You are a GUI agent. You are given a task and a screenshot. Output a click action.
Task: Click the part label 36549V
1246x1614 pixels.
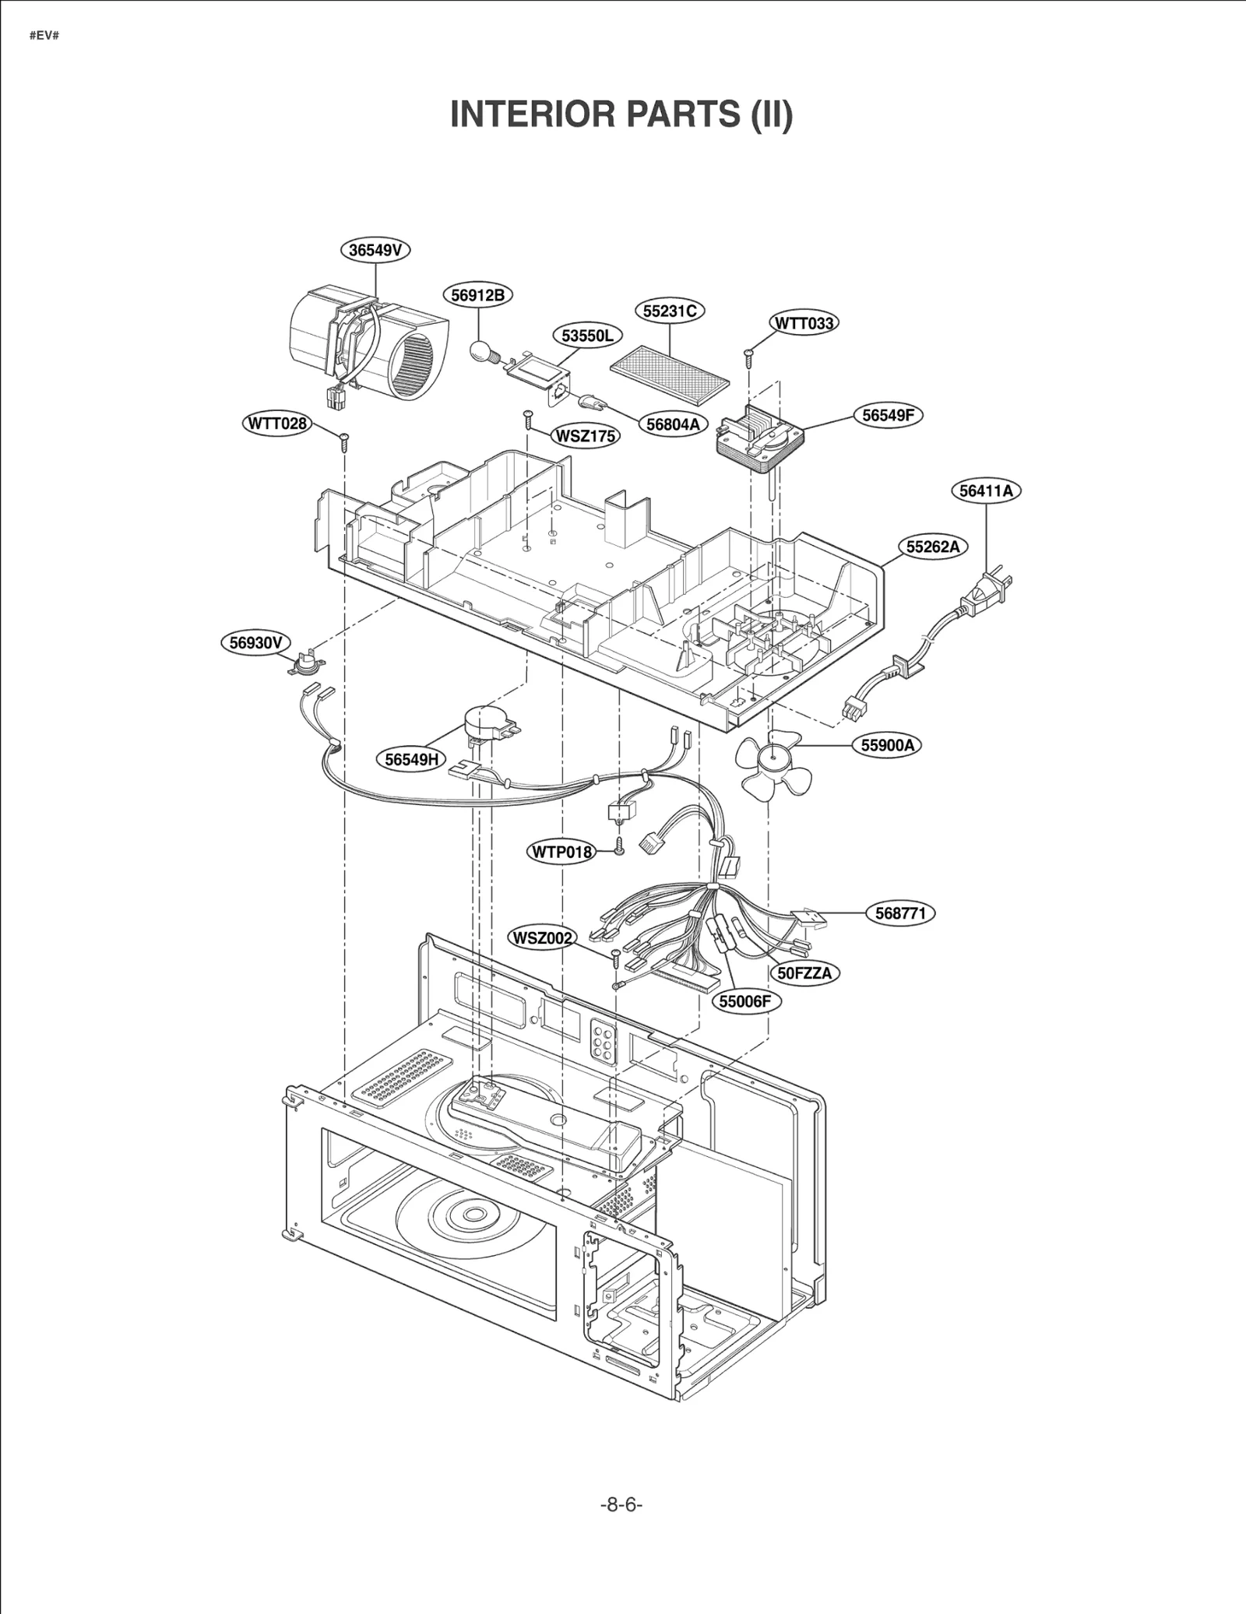pyautogui.click(x=375, y=250)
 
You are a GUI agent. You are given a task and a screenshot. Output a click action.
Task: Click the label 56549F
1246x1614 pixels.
pyautogui.click(x=888, y=415)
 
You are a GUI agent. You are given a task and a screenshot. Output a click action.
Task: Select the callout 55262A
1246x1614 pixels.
pyautogui.click(x=932, y=547)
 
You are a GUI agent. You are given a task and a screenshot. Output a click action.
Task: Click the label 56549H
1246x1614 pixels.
pyautogui.click(x=412, y=759)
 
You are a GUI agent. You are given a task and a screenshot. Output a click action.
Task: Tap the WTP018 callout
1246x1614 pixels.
pyautogui.click(x=561, y=852)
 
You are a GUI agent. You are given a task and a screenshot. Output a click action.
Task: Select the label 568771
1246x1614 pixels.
pyautogui.click(x=900, y=913)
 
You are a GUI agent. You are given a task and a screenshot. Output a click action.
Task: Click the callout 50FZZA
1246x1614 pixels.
pyautogui.click(x=804, y=973)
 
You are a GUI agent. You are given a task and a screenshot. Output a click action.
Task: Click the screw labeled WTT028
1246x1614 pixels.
pyautogui.click(x=343, y=441)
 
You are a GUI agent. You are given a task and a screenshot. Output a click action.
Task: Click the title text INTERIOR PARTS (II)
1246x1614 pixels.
pyautogui.click(x=621, y=114)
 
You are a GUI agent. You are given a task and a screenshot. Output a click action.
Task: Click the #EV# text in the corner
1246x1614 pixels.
pyautogui.click(x=44, y=37)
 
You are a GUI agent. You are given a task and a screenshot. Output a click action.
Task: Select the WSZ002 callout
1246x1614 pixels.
pyautogui.click(x=542, y=938)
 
